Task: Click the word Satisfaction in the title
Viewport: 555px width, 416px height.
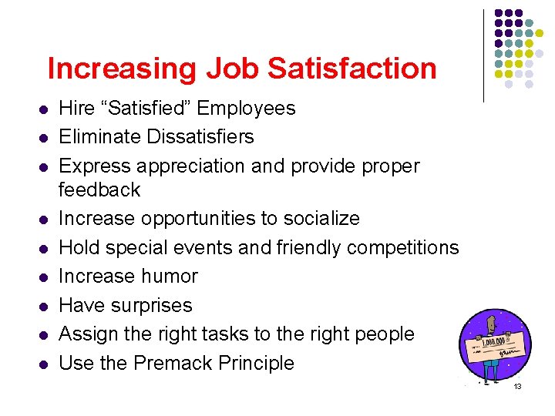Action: point(352,69)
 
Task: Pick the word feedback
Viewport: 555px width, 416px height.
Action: point(100,190)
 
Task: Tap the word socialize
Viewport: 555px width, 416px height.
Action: point(316,218)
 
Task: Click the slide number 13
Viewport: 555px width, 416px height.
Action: point(518,386)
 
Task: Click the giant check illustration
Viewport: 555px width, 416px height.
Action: point(495,344)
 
